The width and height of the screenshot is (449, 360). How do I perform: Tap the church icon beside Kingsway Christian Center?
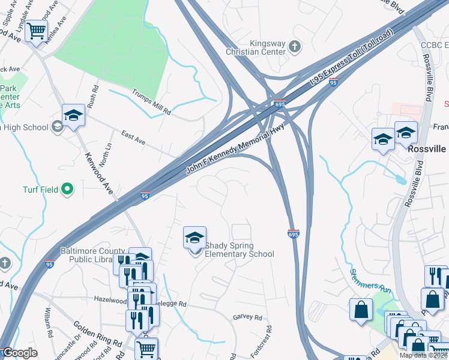[x=294, y=46]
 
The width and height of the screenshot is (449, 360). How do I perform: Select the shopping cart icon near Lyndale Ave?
[x=36, y=29]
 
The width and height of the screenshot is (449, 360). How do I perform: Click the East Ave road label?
[x=133, y=139]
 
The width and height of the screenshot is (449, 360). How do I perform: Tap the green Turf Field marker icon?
[x=67, y=190]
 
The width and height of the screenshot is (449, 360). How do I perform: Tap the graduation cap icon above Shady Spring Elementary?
[x=194, y=238]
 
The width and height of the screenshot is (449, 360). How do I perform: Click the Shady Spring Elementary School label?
[x=239, y=250]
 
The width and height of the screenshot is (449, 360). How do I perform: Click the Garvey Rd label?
[x=247, y=317]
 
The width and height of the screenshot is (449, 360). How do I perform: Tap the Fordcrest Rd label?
[x=262, y=341]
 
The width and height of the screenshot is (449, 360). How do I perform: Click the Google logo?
[x=20, y=353]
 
